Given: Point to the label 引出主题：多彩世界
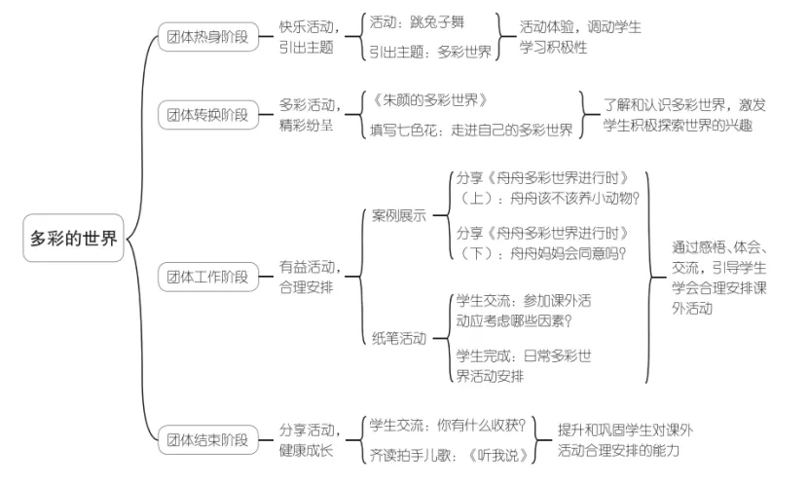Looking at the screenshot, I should click(x=430, y=53).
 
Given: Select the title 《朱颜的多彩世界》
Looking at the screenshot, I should click(x=428, y=100).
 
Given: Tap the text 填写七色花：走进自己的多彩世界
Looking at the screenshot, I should click(x=471, y=130).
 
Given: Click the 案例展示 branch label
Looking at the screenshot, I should click(x=399, y=215).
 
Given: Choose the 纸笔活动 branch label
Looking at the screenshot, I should click(x=399, y=338).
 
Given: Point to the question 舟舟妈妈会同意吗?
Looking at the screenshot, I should click(x=561, y=252).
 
